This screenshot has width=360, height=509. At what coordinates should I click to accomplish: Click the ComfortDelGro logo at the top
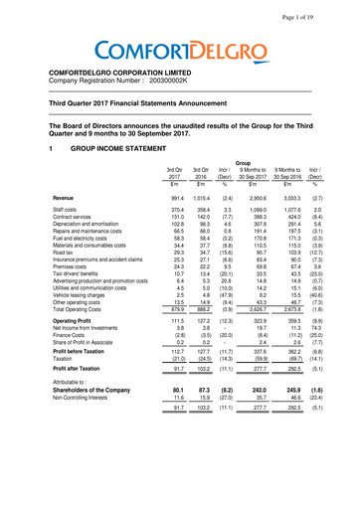point(179,47)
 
